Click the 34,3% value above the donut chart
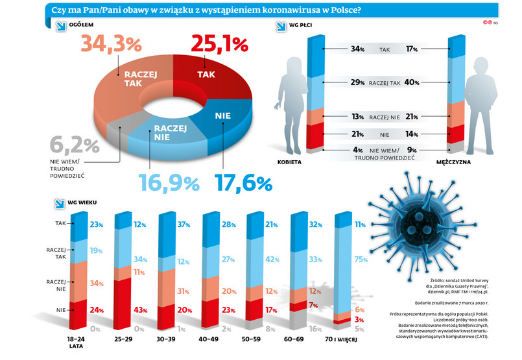coord(111,45)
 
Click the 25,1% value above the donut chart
coord(219,45)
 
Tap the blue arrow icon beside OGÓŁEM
coord(59,26)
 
